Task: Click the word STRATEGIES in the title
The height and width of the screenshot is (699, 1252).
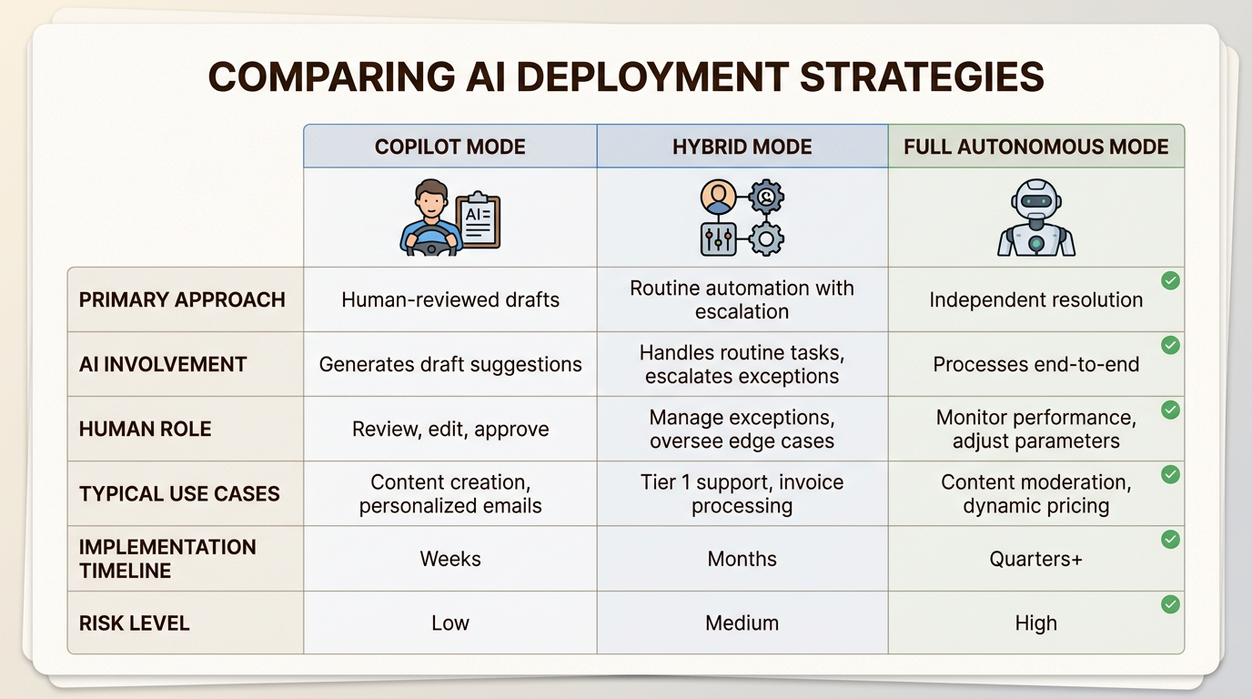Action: coord(922,76)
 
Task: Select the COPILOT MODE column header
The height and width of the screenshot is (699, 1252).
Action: coord(449,147)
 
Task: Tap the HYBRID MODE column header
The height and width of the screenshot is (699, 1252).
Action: coord(742,147)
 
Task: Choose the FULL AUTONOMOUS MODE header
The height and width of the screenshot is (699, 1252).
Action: coord(1035,147)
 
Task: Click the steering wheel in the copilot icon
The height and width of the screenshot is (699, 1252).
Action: coord(431,240)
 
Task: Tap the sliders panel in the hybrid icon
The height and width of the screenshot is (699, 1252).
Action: coord(718,239)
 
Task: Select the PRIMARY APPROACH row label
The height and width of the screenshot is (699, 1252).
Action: coord(182,299)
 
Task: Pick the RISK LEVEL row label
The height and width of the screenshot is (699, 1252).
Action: coord(134,623)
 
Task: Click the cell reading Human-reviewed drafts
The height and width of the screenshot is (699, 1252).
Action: coord(449,299)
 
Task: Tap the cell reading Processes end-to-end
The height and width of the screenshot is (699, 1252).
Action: coord(1035,365)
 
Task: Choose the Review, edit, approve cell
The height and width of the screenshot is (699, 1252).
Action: coord(449,430)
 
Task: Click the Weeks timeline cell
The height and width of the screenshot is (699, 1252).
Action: coord(449,559)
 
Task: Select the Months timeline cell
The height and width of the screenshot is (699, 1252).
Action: coord(742,559)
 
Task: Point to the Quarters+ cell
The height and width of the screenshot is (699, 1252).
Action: coord(1035,559)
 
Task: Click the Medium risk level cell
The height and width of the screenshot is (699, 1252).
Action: coord(742,623)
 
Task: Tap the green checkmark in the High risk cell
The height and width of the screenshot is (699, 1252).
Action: coord(1170,604)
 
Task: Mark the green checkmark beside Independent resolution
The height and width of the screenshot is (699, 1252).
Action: coord(1170,280)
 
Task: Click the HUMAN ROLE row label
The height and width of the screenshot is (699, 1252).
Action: coord(146,429)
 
